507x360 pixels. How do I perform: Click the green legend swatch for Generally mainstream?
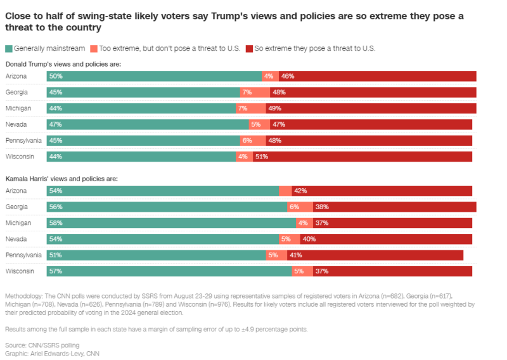click(9, 48)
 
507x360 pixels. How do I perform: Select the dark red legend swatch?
click(249, 48)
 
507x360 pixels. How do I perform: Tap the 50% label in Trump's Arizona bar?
click(55, 76)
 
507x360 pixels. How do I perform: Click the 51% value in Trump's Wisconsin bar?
click(261, 156)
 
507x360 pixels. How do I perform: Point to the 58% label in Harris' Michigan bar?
click(55, 223)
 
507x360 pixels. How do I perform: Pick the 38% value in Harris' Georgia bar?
click(322, 207)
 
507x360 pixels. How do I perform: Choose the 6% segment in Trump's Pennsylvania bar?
click(247, 140)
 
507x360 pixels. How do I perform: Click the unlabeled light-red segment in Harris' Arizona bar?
click(285, 191)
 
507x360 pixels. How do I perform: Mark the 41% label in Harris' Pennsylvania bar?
click(295, 255)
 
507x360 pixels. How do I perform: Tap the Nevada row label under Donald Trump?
click(16, 124)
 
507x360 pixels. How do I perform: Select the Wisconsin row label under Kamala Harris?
click(20, 271)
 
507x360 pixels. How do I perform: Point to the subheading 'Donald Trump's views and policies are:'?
click(63, 64)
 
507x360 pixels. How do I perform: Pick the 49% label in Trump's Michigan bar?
click(275, 108)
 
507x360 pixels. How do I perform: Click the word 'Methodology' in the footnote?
click(23, 296)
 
